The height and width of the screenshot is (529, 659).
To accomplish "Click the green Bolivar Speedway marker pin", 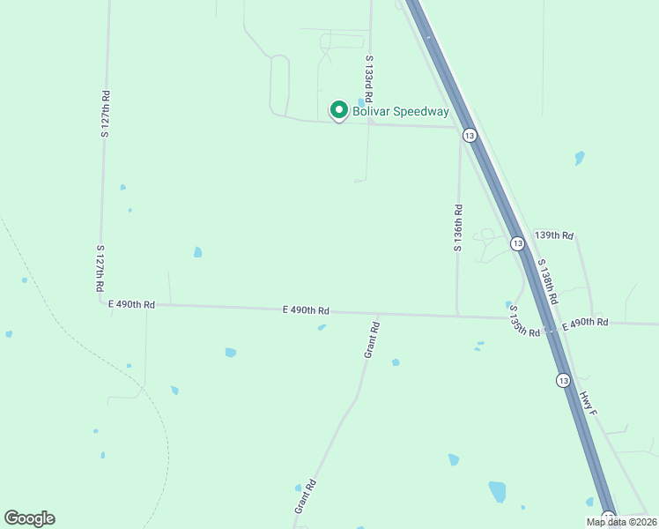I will [338, 110].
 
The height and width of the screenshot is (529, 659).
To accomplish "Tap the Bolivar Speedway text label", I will [401, 111].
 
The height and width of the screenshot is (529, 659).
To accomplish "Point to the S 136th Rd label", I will [458, 228].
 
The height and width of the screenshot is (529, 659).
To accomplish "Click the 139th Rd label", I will [554, 235].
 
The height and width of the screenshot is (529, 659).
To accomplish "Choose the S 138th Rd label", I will [547, 283].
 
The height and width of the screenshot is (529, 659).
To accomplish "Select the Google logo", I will [29, 518].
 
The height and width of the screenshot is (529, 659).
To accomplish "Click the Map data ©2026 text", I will [620, 522].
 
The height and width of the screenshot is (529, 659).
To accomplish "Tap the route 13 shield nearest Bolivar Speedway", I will [470, 136].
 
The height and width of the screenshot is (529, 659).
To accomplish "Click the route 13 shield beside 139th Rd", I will [517, 242].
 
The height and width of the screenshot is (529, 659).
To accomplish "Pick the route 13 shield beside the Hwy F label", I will [563, 379].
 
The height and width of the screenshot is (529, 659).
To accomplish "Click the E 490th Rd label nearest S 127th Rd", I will [131, 304].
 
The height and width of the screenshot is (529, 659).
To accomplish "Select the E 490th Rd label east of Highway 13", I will [585, 323].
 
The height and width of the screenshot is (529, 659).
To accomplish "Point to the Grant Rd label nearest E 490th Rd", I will [373, 339].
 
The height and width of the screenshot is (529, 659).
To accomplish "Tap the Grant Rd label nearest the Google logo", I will [305, 497].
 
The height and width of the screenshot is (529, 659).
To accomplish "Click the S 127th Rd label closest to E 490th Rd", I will [101, 270].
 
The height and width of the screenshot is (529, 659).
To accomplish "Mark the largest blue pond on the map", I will [498, 491].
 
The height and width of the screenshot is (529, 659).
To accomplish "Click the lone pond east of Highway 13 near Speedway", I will [579, 159].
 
